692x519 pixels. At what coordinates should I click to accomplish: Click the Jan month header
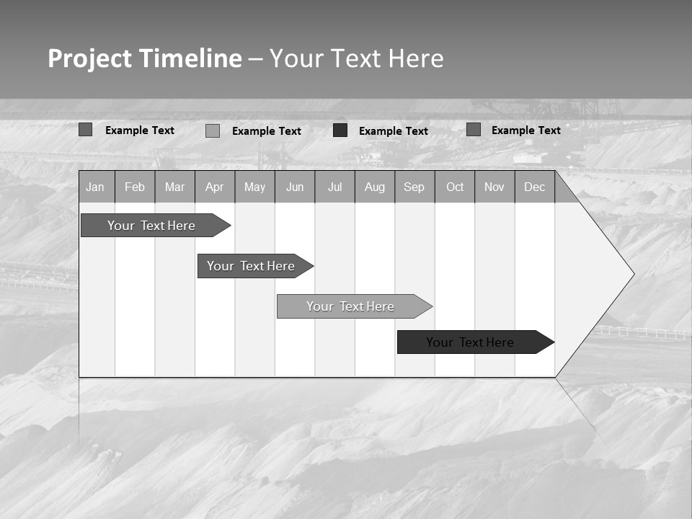pos(95,187)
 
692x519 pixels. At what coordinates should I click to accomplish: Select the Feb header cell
pos(135,187)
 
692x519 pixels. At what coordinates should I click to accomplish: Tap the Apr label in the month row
pos(214,187)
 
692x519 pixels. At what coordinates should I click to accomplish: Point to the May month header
pos(254,187)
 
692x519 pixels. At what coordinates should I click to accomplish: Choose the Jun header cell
pos(295,187)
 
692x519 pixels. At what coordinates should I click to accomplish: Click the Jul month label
pos(334,187)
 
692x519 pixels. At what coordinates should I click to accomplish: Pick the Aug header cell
pos(374,187)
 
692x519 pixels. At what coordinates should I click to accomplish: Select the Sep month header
pos(414,187)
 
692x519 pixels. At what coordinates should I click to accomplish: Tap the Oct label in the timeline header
pos(455,187)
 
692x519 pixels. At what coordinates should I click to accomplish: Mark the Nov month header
pos(494,187)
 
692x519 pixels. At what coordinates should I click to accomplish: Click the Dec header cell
pos(535,187)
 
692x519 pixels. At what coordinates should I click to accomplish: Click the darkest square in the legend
pos(340,130)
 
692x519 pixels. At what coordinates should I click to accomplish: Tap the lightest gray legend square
pos(213,130)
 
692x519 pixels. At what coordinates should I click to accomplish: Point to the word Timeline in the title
pos(190,58)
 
